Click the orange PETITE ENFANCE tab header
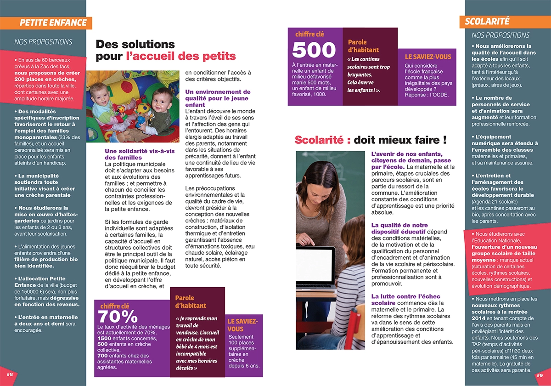pos(53,23)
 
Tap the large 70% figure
pos(118,316)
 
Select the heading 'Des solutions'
pos(135,45)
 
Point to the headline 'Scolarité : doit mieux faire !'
pos(371,140)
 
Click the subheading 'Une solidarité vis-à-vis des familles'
pos(140,154)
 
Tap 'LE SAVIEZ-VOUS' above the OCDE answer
pos(428,57)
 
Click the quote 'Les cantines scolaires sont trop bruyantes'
pos(368,70)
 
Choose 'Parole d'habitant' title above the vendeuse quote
pos(191,302)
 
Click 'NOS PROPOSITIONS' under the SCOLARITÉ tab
pos(500,35)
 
